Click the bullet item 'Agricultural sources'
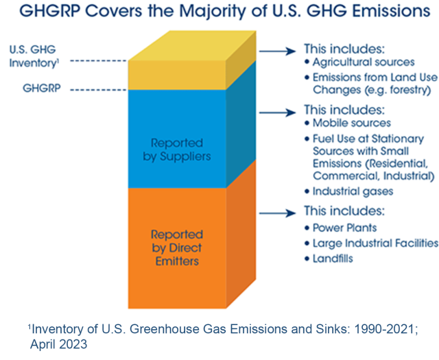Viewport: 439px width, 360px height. (x=361, y=63)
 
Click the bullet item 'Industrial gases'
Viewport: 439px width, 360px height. (x=354, y=191)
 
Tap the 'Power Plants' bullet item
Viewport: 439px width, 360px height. (x=346, y=227)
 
